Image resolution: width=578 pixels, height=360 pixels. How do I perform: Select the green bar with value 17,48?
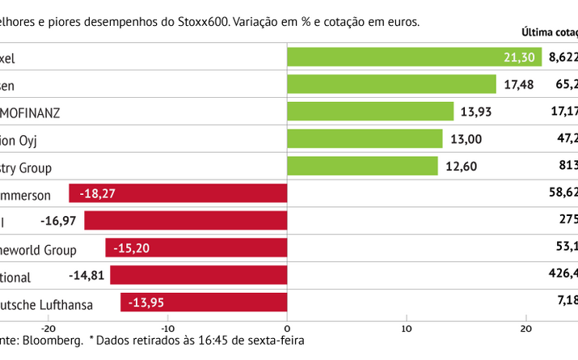[391, 84]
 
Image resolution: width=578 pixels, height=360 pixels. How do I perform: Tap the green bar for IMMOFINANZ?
[370, 112]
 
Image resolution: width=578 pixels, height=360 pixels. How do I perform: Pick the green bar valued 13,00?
[365, 139]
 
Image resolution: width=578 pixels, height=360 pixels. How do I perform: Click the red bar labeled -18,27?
[178, 194]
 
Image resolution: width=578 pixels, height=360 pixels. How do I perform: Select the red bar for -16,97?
[186, 221]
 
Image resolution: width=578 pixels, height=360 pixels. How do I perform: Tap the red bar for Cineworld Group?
[196, 248]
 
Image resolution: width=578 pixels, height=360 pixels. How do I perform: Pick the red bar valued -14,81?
[199, 276]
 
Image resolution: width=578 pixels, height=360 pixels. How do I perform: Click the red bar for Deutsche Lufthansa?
[204, 303]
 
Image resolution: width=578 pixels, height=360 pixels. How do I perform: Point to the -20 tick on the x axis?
[49, 328]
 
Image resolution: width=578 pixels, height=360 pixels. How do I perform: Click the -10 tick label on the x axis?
[167, 328]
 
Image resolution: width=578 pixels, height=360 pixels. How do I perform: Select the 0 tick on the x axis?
[288, 328]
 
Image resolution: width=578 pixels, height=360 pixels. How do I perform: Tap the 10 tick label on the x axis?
[407, 328]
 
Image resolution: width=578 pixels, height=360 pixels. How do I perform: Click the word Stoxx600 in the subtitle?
[200, 22]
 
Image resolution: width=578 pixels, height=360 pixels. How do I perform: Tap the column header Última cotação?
[550, 33]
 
